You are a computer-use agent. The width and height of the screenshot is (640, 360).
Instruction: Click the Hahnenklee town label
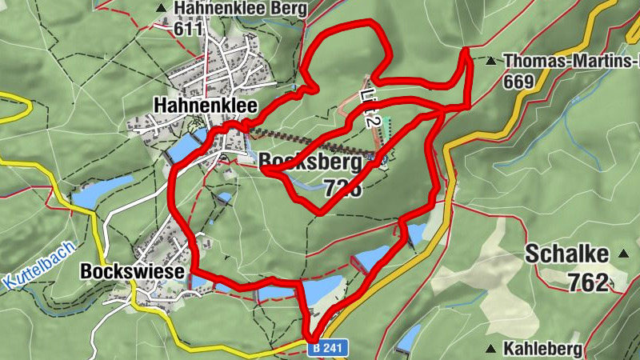tap(194, 105)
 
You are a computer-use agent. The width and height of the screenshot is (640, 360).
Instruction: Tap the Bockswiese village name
tap(134, 272)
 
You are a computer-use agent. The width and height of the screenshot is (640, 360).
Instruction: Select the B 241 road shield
tap(328, 349)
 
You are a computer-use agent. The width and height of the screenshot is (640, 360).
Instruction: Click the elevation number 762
tap(590, 282)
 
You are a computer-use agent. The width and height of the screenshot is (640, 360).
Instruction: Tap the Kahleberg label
tap(541, 348)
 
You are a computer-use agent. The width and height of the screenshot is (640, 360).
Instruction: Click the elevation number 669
tap(519, 80)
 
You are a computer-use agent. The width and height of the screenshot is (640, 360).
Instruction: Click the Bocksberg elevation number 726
tap(343, 189)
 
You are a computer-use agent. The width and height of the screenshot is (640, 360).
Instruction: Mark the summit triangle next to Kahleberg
tap(490, 348)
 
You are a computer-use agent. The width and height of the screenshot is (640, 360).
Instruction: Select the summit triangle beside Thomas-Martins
tap(490, 60)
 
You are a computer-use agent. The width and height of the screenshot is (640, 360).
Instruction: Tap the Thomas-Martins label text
tap(572, 60)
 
